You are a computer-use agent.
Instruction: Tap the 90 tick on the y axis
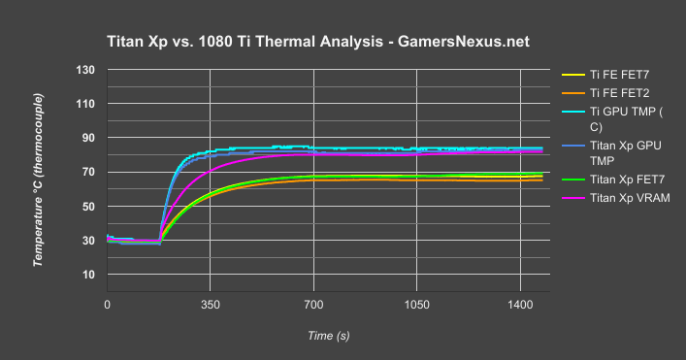tap(88, 138)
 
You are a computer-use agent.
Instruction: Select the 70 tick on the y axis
tap(88, 172)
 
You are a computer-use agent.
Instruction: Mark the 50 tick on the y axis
tap(88, 207)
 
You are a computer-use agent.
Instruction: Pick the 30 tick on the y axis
tap(88, 241)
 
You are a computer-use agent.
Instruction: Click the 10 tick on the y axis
tap(88, 275)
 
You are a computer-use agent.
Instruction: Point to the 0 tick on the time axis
tap(107, 304)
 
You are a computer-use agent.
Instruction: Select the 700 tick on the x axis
tap(313, 304)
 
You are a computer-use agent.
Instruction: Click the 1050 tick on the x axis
tap(416, 304)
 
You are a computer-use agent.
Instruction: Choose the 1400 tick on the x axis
tap(520, 304)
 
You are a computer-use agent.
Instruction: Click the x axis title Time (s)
tap(328, 335)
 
